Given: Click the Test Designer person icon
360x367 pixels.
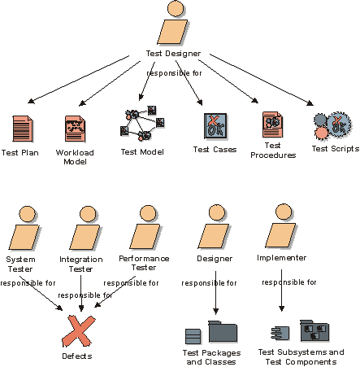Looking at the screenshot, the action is point(172,23).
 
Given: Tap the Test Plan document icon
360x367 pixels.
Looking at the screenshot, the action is point(23,129).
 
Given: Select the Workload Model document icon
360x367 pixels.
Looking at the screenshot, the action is point(75,129).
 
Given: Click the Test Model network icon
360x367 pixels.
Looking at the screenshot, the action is point(142,124).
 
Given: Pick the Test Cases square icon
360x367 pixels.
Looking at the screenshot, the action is point(215,126).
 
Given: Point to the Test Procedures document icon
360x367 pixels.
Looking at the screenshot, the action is point(273,125).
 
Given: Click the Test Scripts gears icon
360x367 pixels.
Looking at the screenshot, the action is point(332,125).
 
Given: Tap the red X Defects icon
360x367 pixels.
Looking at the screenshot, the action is point(78,331).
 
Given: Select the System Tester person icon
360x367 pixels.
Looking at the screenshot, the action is point(24,228).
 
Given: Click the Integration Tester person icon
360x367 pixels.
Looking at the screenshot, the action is point(85,228).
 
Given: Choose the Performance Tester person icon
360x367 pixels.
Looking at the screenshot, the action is point(145,227).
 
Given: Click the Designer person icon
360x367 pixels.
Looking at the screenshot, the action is point(215,226).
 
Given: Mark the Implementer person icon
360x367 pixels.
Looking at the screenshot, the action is point(281,226).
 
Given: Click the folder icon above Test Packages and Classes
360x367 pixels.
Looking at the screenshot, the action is point(223,331).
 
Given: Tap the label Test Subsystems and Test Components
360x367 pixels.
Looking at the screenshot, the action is point(301,357).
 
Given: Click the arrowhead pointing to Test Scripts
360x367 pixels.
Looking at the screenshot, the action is point(310,103).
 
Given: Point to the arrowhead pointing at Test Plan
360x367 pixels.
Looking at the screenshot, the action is point(31,101).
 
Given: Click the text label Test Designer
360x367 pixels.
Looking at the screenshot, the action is point(173,54).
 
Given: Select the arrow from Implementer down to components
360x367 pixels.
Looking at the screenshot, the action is point(281,291).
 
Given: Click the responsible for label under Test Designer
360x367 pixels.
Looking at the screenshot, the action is point(174,73).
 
